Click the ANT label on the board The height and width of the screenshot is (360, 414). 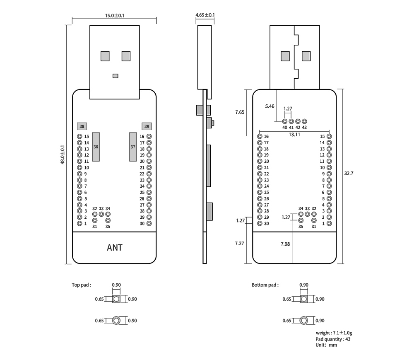pyautogui.click(x=115, y=248)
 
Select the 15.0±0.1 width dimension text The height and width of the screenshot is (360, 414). pyautogui.click(x=115, y=15)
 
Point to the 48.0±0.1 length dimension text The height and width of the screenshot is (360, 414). pyautogui.click(x=63, y=155)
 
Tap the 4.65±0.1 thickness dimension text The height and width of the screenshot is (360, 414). pyautogui.click(x=205, y=15)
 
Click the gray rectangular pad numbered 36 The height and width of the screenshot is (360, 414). pyautogui.click(x=96, y=147)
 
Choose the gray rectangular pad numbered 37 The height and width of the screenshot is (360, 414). pyautogui.click(x=133, y=147)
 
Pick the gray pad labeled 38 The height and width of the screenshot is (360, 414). pyautogui.click(x=82, y=126)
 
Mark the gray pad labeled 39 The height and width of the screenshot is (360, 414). pyautogui.click(x=147, y=126)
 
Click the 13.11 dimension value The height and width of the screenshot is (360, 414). pyautogui.click(x=295, y=135)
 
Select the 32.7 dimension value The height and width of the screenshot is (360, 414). pyautogui.click(x=349, y=174)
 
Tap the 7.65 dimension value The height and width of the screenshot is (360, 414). pyautogui.click(x=240, y=112)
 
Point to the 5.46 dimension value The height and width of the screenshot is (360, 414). pyautogui.click(x=270, y=106)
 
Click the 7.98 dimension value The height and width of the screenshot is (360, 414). pyautogui.click(x=285, y=244)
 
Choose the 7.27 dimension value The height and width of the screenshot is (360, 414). pyautogui.click(x=240, y=244)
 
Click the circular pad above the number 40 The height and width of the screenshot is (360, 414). pyautogui.click(x=285, y=121)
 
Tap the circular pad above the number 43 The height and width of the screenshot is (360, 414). pyautogui.click(x=305, y=121)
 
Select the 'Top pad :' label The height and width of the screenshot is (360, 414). pyautogui.click(x=81, y=285)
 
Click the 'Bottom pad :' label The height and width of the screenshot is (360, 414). pyautogui.click(x=265, y=285)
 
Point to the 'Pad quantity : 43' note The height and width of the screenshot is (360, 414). pyautogui.click(x=333, y=339)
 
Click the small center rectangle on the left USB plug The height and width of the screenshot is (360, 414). pyautogui.click(x=116, y=76)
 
